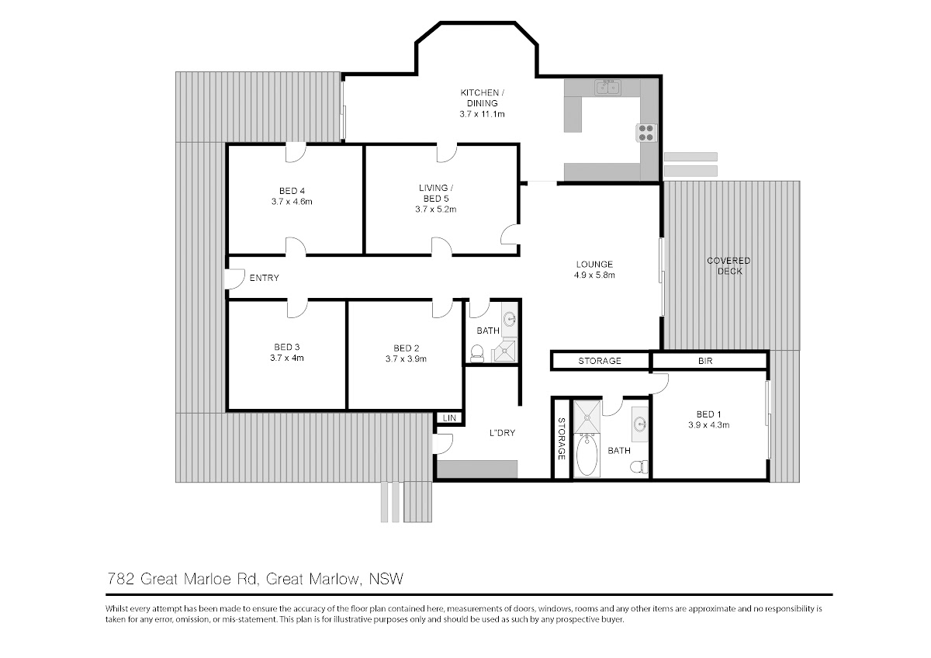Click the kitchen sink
click(x=607, y=88)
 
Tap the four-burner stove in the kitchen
click(x=646, y=133)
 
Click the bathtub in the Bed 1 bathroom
click(x=587, y=455)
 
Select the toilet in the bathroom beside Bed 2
click(x=477, y=353)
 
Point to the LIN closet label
click(x=449, y=417)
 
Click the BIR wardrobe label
click(x=705, y=361)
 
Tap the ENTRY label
click(x=264, y=278)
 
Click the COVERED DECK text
click(x=729, y=266)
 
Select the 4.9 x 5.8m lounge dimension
click(x=594, y=275)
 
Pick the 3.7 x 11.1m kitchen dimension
click(x=482, y=114)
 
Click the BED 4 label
click(x=292, y=191)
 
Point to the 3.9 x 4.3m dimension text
click(x=708, y=424)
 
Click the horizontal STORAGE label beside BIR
click(x=600, y=361)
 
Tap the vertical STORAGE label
click(x=561, y=438)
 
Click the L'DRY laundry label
click(x=502, y=433)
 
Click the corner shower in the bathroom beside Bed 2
click(x=505, y=351)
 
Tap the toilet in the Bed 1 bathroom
click(x=639, y=467)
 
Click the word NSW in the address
click(x=386, y=579)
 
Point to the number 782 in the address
click(x=120, y=579)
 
